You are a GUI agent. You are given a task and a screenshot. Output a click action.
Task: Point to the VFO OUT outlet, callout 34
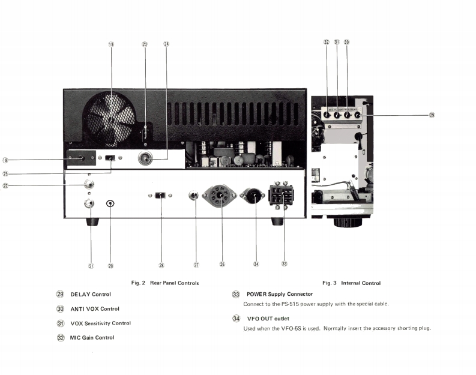coord(252,196)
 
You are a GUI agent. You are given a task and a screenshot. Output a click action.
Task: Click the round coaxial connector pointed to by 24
coord(146,158)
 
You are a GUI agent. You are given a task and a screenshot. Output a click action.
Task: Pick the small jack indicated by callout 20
coord(110,203)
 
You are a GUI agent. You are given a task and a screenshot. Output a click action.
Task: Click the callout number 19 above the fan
coord(111,44)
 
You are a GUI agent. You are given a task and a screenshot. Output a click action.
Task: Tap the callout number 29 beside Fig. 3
coord(432,115)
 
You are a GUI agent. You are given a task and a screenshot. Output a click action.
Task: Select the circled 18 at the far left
coord(6,160)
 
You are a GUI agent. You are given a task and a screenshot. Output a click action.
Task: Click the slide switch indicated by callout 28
coord(160,195)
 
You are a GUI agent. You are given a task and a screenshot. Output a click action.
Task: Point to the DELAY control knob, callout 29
coord(358,115)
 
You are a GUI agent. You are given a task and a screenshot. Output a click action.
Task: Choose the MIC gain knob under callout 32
coord(327,115)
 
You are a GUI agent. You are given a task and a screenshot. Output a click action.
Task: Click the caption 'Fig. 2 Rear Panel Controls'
coord(164,283)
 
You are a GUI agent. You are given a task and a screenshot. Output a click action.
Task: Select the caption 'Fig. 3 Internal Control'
coord(351,283)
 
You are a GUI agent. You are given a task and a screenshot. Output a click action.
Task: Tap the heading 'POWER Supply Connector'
coord(280,294)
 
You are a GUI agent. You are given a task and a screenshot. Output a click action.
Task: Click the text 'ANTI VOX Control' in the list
coord(95,309)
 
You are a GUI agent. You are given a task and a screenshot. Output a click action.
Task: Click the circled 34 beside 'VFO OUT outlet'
coord(236,319)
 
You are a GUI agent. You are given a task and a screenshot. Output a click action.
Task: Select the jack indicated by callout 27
coord(194,195)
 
